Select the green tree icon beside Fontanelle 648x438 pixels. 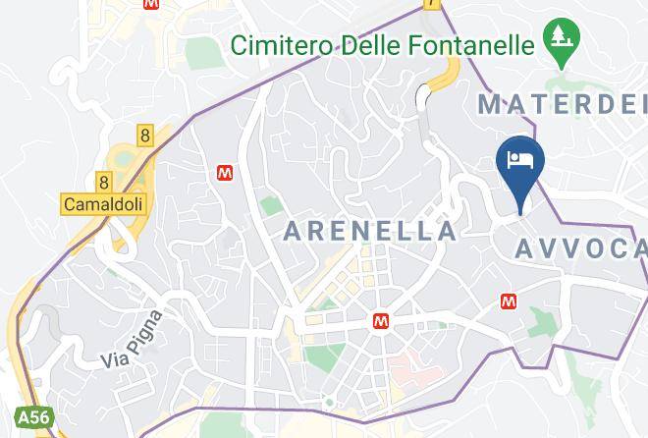(x=565, y=40)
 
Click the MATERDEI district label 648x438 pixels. (x=562, y=102)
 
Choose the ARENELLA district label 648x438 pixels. (x=370, y=232)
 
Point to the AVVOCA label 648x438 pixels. (x=581, y=249)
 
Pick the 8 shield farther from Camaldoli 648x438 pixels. (x=145, y=136)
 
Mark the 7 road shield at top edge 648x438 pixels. (x=431, y=4)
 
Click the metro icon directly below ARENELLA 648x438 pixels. (x=380, y=321)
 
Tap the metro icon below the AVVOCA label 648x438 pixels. (x=510, y=301)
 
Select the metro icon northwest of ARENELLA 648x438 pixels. (x=226, y=172)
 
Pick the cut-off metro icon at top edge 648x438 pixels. (x=150, y=4)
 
